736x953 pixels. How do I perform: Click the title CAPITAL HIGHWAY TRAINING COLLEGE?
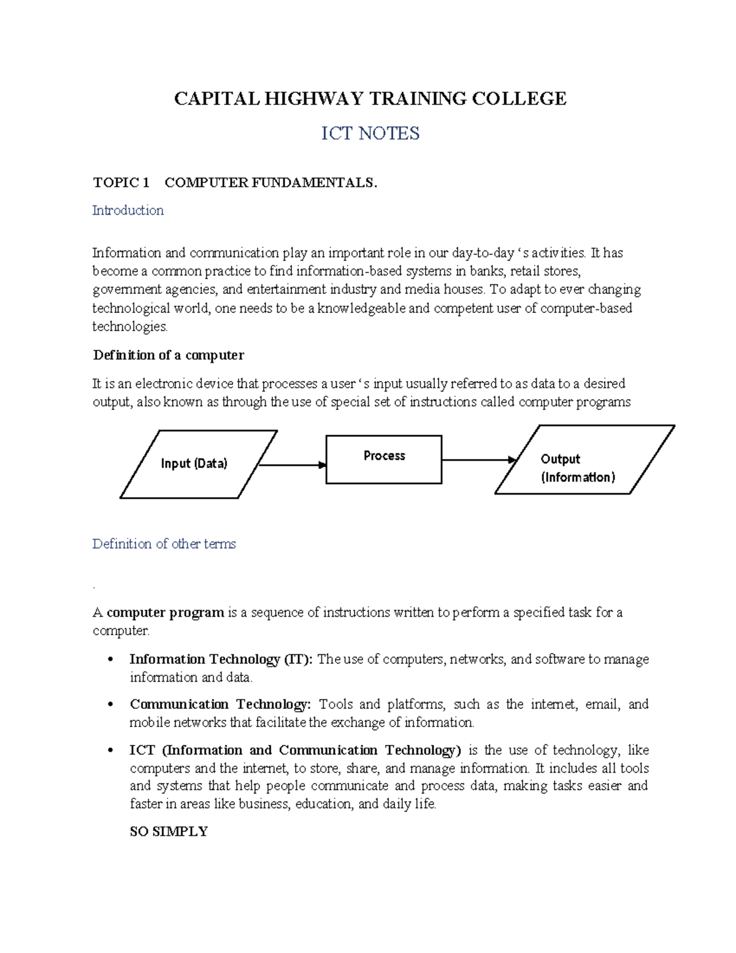pos(370,99)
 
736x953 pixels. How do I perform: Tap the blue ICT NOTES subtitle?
pos(370,133)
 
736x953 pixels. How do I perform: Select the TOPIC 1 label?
pos(121,182)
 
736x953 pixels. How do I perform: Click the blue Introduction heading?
pos(128,210)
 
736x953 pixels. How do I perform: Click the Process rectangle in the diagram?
pos(383,459)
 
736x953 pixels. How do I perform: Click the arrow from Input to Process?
pos(292,465)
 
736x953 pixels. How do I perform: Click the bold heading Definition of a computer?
pos(168,355)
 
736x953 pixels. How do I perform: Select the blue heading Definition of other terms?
pos(164,544)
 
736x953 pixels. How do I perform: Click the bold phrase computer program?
pos(165,612)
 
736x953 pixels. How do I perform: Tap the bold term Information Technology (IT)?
pos(221,659)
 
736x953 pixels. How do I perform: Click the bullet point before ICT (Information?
pos(110,750)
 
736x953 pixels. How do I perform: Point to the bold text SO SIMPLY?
pos(169,831)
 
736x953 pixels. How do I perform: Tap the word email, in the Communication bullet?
pos(602,704)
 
